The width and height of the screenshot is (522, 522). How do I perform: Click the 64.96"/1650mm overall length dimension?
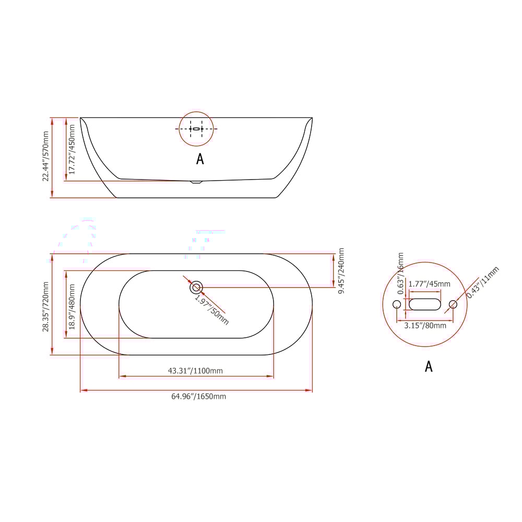pos(199,397)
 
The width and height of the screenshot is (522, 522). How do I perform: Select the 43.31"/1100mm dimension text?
pos(195,371)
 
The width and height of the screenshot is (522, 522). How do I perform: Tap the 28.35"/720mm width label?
pos(46,307)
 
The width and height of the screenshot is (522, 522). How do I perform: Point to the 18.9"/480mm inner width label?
pos(72,306)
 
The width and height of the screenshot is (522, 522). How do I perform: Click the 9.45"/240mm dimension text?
pos(342,270)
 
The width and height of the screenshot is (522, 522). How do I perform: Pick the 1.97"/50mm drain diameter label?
pos(212,309)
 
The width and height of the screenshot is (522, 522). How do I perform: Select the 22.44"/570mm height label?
pos(46,157)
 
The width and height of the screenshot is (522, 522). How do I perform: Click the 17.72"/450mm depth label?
pos(72,148)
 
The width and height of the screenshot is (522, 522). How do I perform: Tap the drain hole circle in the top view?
pos(196,287)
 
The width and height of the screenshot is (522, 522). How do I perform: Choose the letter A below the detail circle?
pos(429,366)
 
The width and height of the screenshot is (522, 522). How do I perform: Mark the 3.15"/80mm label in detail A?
pos(425,326)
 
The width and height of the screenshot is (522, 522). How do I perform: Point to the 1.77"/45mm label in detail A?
pos(429,284)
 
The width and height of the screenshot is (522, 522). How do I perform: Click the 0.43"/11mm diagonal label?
pos(483,282)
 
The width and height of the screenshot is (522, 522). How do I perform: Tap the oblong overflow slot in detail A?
pos(425,304)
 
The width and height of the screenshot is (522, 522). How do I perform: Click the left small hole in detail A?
pos(397,304)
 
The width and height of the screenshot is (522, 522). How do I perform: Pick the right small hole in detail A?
pos(453,304)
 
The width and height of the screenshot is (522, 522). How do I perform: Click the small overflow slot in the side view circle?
pos(196,128)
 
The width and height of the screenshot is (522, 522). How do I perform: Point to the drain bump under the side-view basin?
pos(196,182)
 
